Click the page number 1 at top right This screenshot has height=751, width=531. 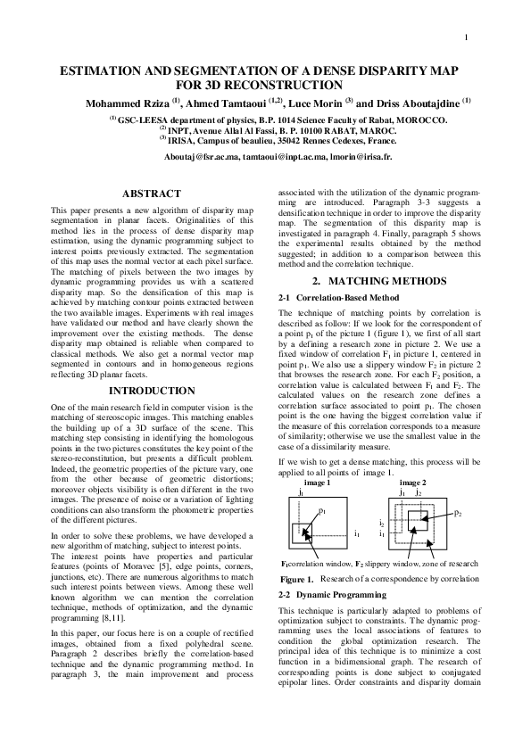point(467,37)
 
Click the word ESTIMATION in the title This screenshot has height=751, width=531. point(101,70)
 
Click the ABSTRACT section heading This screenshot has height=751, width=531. point(151,194)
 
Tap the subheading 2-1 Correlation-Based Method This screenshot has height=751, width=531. point(338,297)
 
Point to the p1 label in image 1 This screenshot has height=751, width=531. point(322,511)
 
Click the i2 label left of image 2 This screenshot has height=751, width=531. point(381,524)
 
